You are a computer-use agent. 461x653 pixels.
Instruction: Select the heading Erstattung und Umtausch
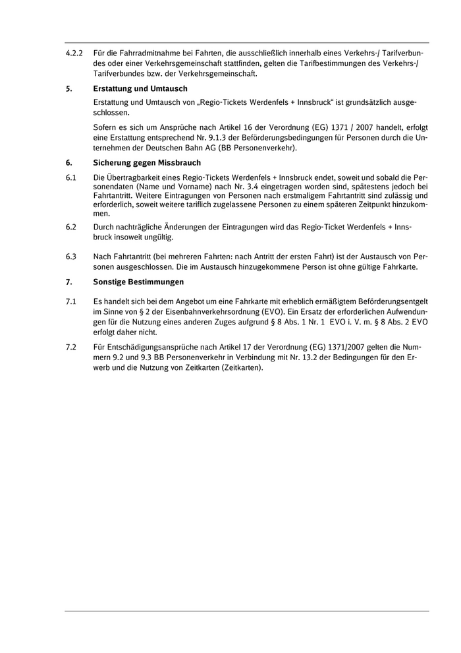pos(140,88)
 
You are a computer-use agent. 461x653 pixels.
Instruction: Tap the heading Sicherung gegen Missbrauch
pos(147,162)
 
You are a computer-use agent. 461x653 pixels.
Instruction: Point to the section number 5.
pos(68,88)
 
